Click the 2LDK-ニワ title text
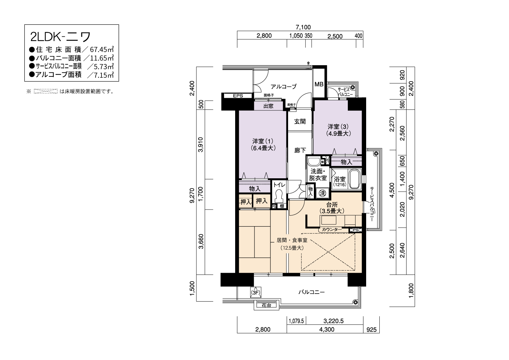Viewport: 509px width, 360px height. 60,37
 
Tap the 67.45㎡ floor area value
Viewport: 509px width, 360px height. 102,49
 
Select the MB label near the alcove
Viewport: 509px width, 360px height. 319,84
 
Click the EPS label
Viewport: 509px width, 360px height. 238,96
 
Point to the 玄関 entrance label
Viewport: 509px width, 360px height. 300,122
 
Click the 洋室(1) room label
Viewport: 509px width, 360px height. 263,141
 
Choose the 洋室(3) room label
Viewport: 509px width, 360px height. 338,126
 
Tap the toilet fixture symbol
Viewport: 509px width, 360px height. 279,196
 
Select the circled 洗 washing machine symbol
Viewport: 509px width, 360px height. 322,193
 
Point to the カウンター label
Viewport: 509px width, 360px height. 332,230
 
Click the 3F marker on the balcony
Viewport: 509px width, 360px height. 256,292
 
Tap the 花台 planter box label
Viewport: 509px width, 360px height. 266,305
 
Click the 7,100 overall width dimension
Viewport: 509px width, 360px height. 303,27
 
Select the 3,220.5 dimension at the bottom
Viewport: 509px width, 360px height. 333,321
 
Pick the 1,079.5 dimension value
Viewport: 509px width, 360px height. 296,321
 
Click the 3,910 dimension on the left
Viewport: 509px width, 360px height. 201,145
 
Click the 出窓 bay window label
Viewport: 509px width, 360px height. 268,106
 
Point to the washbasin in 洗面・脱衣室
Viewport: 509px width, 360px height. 314,162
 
